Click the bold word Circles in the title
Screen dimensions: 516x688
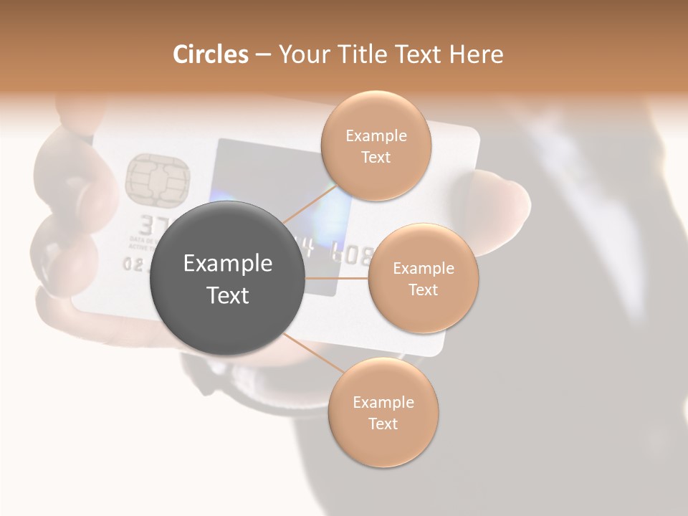click(x=211, y=54)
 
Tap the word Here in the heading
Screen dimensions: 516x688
click(x=477, y=54)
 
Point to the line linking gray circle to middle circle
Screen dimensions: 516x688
click(x=337, y=278)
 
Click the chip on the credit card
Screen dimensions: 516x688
click(x=158, y=177)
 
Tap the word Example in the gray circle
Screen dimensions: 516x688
click(x=228, y=264)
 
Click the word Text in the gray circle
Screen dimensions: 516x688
click(x=228, y=295)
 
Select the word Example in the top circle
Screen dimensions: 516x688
click(x=376, y=136)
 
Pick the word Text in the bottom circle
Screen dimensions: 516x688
click(x=383, y=424)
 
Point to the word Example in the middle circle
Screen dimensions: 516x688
click(x=424, y=269)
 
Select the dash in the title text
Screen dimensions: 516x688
click(x=262, y=55)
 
